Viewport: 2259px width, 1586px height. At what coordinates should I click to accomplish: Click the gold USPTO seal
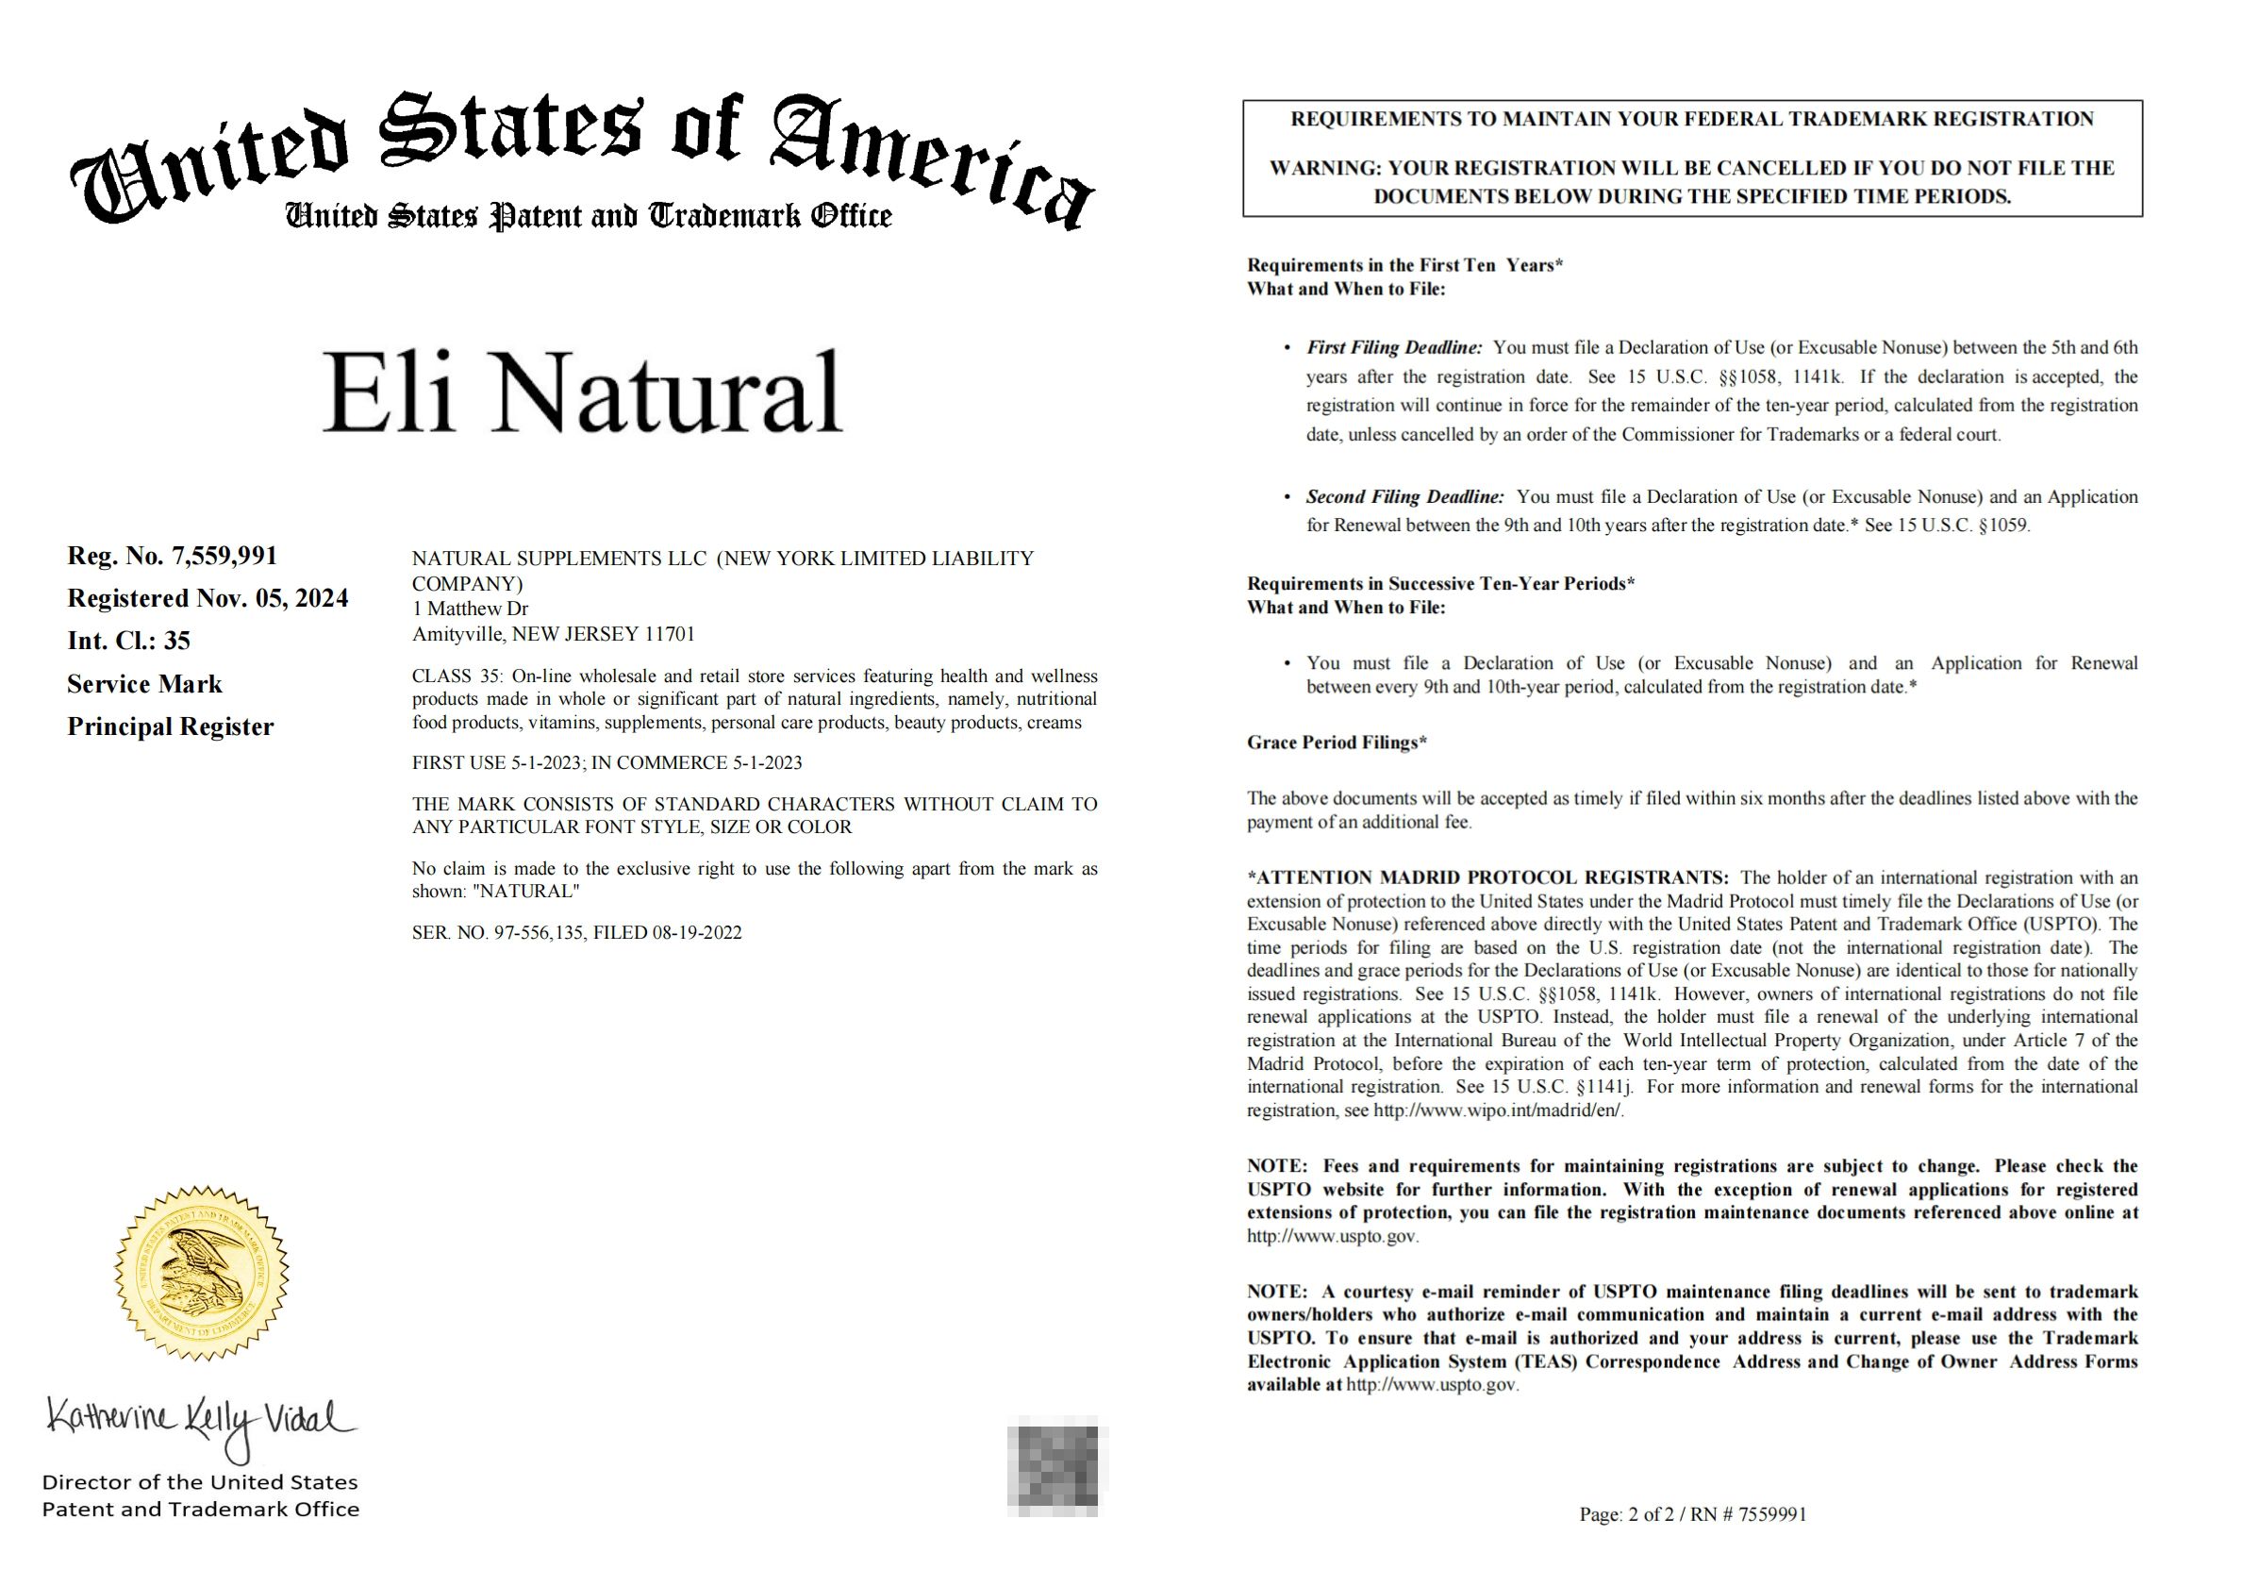203,1273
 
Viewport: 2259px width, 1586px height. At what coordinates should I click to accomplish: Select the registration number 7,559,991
224,556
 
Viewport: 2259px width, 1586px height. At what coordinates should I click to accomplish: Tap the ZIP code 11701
669,635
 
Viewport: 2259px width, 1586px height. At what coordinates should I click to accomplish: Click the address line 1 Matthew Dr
471,609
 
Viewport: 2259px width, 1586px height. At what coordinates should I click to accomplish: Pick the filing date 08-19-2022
697,933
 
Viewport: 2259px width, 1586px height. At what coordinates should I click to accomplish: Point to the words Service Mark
144,684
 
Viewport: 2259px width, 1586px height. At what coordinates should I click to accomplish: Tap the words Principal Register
170,727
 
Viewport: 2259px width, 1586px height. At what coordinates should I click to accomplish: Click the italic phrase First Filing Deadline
1393,347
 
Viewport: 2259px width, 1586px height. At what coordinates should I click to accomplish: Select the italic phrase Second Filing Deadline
1404,497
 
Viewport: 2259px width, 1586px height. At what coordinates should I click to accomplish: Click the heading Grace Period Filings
1337,743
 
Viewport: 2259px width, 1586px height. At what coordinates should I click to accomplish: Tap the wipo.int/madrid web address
1498,1110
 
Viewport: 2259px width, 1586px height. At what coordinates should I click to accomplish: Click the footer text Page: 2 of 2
1627,1515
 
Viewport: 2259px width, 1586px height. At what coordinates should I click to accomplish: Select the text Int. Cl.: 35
129,642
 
